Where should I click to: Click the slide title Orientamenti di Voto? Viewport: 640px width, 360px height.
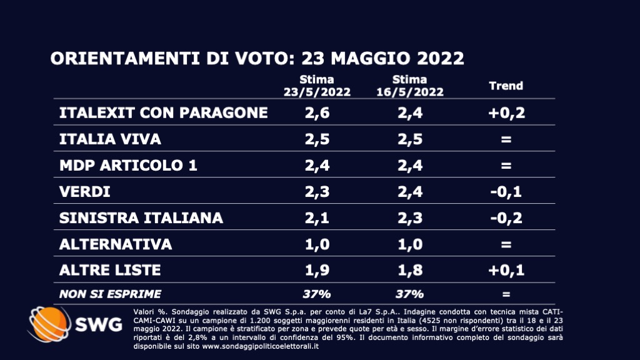click(x=257, y=59)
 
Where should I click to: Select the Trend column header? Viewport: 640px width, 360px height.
click(x=506, y=86)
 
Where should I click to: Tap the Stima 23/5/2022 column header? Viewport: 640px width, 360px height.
click(x=316, y=86)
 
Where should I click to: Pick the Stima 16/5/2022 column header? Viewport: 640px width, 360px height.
click(x=409, y=86)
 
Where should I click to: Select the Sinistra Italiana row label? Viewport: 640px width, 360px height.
click(x=141, y=218)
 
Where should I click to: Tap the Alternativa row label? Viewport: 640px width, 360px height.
click(x=115, y=244)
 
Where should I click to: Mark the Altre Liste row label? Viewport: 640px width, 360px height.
click(x=110, y=270)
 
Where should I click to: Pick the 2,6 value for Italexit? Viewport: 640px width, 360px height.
click(x=316, y=112)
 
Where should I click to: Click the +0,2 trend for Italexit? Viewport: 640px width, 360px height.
click(x=506, y=112)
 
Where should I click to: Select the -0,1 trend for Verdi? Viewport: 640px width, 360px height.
click(x=506, y=192)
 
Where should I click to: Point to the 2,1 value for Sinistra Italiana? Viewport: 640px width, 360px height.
click(x=316, y=218)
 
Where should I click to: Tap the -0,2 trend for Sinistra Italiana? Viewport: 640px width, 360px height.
click(x=506, y=218)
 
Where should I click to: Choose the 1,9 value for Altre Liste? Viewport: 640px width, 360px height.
click(x=316, y=270)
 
